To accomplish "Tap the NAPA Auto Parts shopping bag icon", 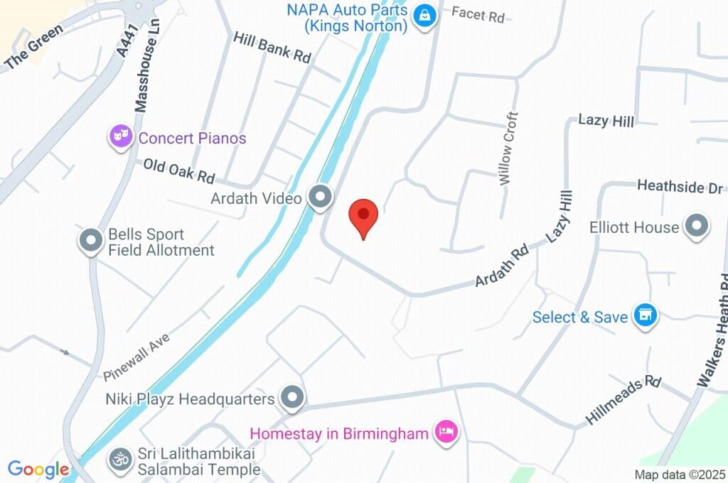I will [x=424, y=16].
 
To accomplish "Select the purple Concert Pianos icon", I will [x=121, y=136].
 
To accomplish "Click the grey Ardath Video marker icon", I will [x=320, y=197].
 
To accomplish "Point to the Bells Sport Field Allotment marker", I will [x=91, y=241].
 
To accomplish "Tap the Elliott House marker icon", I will [x=696, y=227].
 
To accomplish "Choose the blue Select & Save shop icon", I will [x=645, y=315].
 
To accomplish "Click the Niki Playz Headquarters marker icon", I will [x=291, y=398].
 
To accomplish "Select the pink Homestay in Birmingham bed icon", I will [x=447, y=432].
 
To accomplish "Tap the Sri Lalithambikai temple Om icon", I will [x=120, y=459].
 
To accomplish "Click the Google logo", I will [x=38, y=470].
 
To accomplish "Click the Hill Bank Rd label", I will [x=273, y=48].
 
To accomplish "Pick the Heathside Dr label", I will [x=680, y=186].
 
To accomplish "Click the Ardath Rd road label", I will [x=502, y=266].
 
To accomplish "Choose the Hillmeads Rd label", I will [x=623, y=401].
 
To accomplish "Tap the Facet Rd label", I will [x=478, y=14].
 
